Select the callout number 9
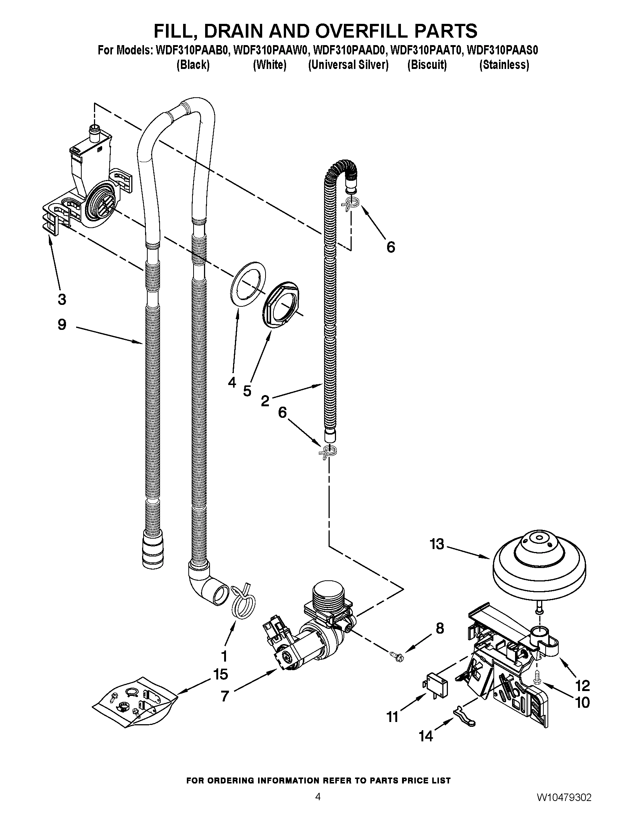pyautogui.click(x=62, y=324)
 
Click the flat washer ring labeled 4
pyautogui.click(x=247, y=287)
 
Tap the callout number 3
pyautogui.click(x=62, y=299)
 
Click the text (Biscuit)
pyautogui.click(x=427, y=65)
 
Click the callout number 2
pyautogui.click(x=265, y=401)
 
